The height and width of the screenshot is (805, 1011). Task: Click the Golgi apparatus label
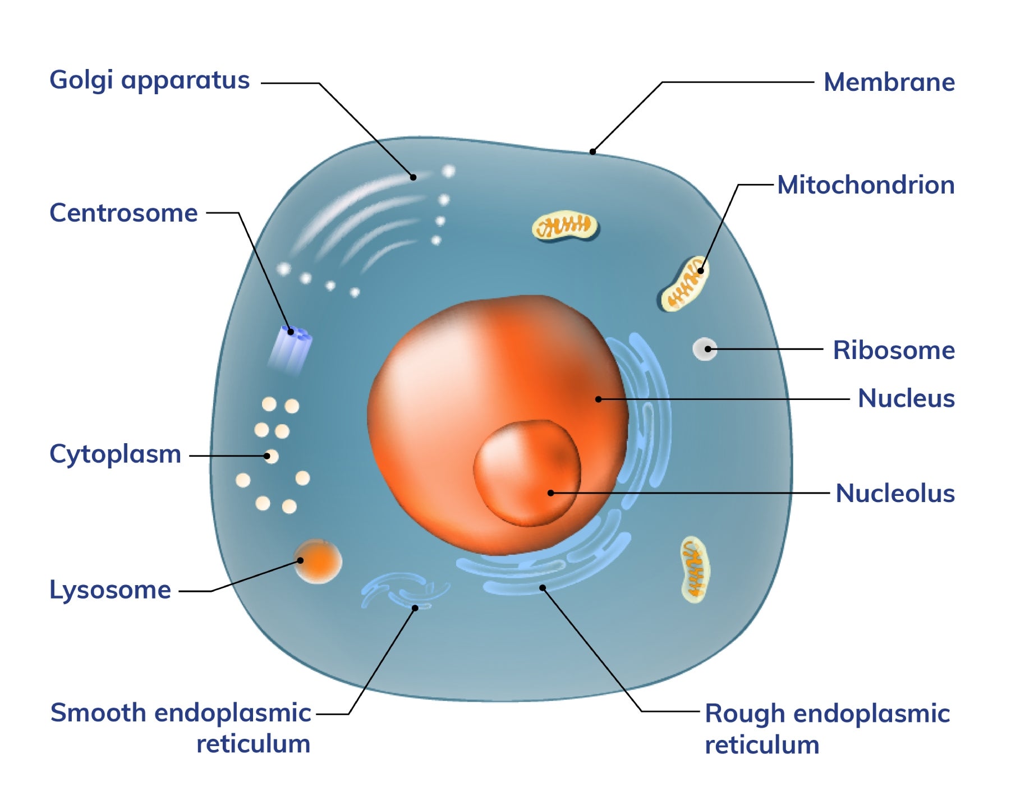pyautogui.click(x=149, y=81)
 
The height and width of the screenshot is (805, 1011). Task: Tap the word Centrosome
pyautogui.click(x=123, y=213)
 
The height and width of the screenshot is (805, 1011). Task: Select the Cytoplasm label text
pyautogui.click(x=115, y=454)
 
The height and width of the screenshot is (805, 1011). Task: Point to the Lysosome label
pyautogui.click(x=110, y=590)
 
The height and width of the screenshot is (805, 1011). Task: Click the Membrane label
pyautogui.click(x=889, y=82)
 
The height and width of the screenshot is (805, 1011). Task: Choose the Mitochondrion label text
pyautogui.click(x=866, y=185)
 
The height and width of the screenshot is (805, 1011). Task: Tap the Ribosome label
pyautogui.click(x=893, y=351)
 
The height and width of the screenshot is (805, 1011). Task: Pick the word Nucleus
pyautogui.click(x=906, y=399)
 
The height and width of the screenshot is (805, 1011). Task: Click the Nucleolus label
pyautogui.click(x=895, y=494)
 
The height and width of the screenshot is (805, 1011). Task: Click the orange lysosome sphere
pyautogui.click(x=318, y=561)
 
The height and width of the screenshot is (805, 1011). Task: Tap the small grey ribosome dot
pyautogui.click(x=705, y=349)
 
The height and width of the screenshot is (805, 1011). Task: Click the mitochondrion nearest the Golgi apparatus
pyautogui.click(x=565, y=226)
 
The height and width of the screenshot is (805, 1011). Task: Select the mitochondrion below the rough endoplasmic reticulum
pyautogui.click(x=695, y=569)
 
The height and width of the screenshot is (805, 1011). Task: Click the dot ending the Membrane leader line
pyautogui.click(x=592, y=151)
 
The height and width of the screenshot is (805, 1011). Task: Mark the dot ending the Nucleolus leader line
pyautogui.click(x=551, y=493)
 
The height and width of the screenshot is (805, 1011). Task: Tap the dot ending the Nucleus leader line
pyautogui.click(x=599, y=399)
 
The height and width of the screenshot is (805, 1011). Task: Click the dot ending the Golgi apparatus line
pyautogui.click(x=413, y=177)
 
